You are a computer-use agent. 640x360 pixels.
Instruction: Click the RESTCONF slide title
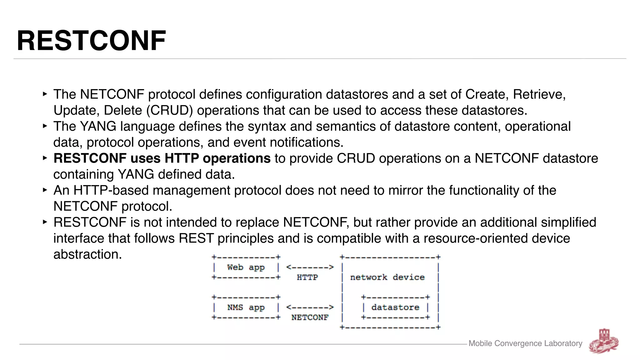tap(91, 41)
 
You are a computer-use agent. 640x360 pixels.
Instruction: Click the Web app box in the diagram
tap(246, 267)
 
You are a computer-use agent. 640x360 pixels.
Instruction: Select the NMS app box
tap(246, 307)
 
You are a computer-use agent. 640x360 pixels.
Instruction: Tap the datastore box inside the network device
tap(395, 307)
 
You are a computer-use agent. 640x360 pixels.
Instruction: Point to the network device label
tap(387, 277)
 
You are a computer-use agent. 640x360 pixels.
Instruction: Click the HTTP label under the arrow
tap(307, 277)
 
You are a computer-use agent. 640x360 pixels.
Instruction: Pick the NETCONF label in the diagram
tap(310, 317)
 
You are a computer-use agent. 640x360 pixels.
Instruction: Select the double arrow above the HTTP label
tap(310, 267)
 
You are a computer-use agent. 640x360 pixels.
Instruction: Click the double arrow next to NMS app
tap(310, 307)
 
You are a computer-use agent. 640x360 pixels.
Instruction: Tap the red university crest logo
tap(604, 341)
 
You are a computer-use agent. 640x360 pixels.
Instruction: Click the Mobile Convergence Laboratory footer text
tap(525, 343)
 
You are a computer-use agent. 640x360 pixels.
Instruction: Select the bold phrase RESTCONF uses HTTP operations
tap(162, 158)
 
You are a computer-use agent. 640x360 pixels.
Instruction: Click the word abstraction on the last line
tap(87, 254)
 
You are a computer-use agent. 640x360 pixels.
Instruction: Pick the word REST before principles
tap(196, 238)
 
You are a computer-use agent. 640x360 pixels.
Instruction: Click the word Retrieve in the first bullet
tap(539, 94)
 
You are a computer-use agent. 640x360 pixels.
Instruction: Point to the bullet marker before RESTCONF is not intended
tap(45, 222)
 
